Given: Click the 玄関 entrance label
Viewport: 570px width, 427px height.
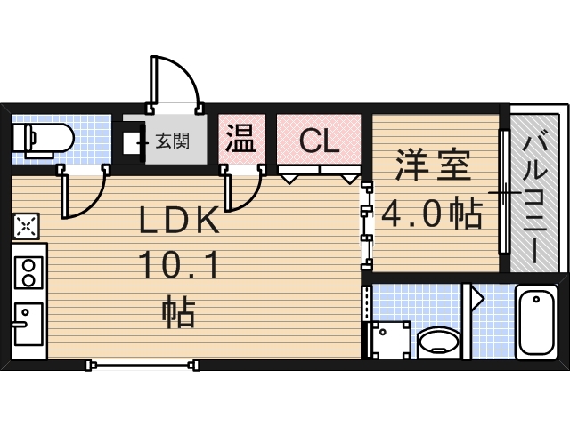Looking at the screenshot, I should [172, 140].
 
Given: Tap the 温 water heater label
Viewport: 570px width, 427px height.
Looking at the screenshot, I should [240, 138].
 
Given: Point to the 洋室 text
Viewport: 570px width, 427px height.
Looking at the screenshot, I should [433, 166].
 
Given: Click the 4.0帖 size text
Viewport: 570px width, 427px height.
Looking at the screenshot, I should [433, 213].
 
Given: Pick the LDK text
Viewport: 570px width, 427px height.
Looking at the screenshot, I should [178, 221].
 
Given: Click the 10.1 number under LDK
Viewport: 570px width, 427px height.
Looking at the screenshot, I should [178, 264].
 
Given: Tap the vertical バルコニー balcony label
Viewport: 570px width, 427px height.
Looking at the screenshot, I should [536, 196].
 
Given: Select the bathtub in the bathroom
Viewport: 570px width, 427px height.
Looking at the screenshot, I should [536, 321].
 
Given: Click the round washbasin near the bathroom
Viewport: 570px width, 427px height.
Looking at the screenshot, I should [438, 342].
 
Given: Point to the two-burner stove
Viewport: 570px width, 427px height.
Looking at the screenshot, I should [28, 272].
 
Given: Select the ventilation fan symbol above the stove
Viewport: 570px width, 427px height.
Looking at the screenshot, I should [26, 227].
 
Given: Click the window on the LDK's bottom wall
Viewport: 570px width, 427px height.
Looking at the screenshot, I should [142, 363].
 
